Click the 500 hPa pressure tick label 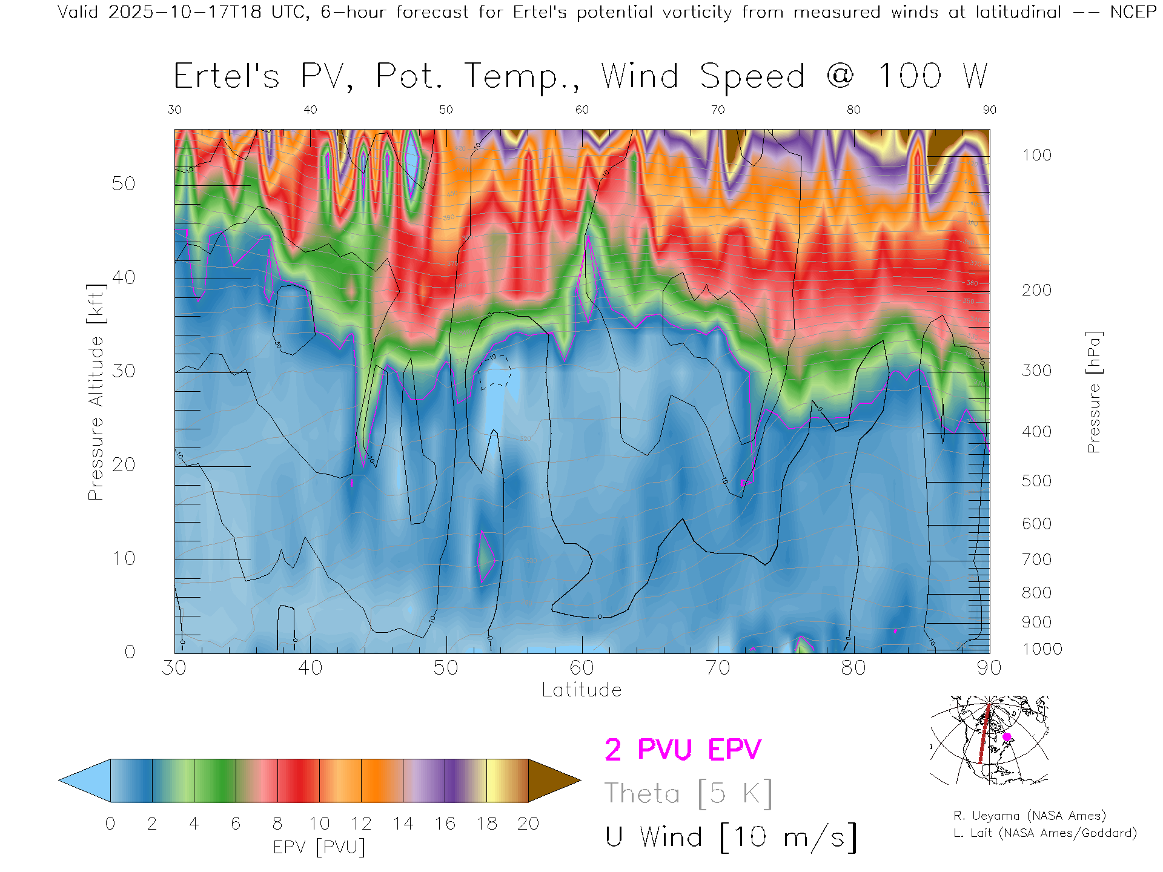pos(1036,481)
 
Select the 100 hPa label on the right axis pos(1036,156)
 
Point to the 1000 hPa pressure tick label pos(1042,650)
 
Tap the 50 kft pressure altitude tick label pos(123,184)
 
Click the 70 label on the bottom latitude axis pos(718,668)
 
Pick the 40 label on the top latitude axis pos(310,110)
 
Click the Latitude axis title pos(581,690)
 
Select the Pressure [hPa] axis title pos(1093,392)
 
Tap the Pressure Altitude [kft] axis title pos(96,392)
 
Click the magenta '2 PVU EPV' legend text pos(683,750)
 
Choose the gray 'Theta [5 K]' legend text pos(688,793)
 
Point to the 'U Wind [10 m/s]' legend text pos(731,837)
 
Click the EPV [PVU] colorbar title pos(319,847)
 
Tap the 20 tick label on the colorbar pos(528,824)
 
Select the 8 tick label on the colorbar pos(277,824)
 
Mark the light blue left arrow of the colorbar pos(85,781)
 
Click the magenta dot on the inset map pos(1007,737)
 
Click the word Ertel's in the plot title pos(227,77)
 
